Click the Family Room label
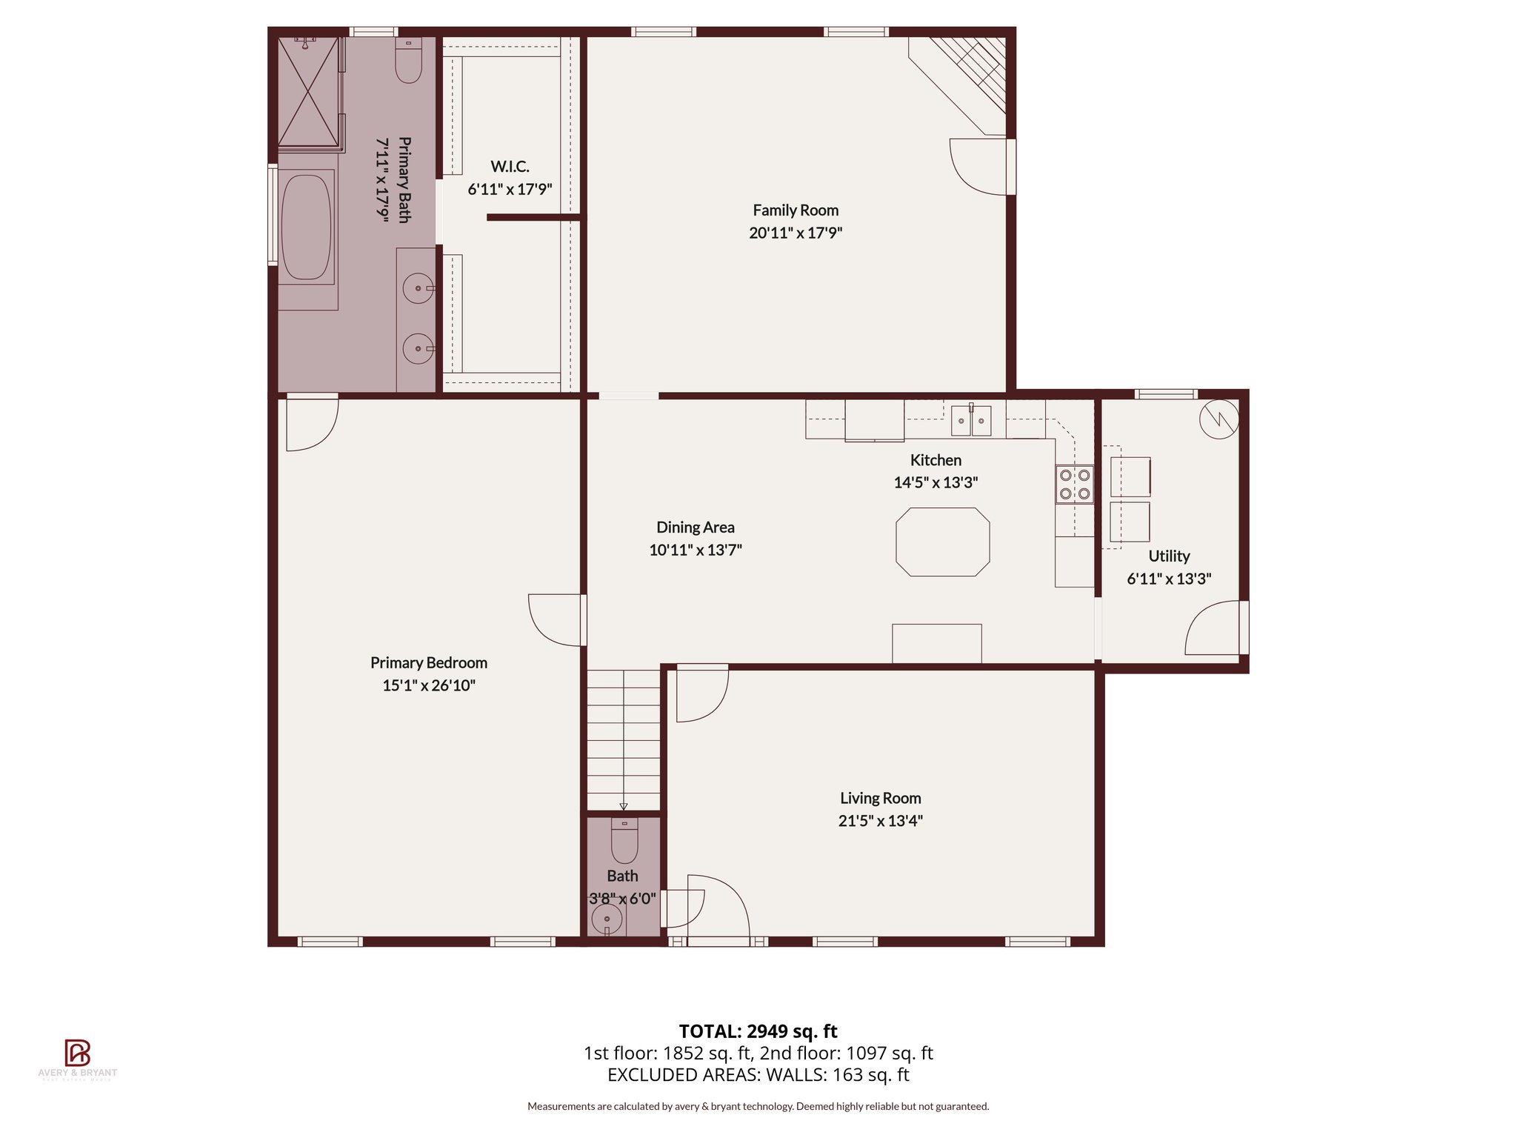[x=796, y=210]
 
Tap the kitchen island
[x=942, y=542]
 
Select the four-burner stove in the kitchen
[x=1074, y=484]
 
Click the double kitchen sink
[x=971, y=421]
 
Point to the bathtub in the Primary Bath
[x=307, y=226]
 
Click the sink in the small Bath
[x=607, y=921]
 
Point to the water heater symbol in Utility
[x=1218, y=419]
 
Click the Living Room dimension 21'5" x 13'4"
[x=880, y=821]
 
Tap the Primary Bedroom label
[x=429, y=663]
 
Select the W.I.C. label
[x=510, y=167]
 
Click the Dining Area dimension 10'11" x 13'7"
[x=696, y=550]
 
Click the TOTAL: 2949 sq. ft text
[x=758, y=1031]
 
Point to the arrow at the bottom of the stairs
[x=624, y=807]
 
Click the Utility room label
[x=1169, y=556]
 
